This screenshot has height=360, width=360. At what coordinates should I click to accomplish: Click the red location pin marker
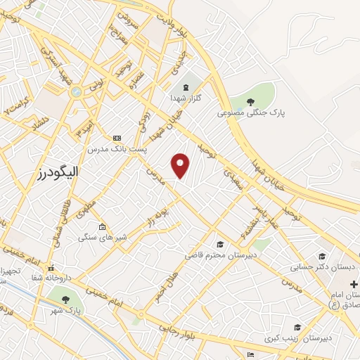pyautogui.click(x=181, y=165)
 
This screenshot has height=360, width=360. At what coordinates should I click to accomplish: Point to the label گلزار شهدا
pyautogui.click(x=185, y=98)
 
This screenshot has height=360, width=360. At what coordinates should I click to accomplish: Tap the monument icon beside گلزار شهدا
pyautogui.click(x=185, y=87)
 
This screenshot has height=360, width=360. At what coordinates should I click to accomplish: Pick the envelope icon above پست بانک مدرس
pyautogui.click(x=117, y=138)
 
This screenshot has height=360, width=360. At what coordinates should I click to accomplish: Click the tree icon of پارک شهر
pyautogui.click(x=65, y=300)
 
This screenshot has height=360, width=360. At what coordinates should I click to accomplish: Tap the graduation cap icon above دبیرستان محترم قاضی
pyautogui.click(x=220, y=244)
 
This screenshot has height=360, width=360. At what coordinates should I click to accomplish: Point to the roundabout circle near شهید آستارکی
pyautogui.click(x=75, y=91)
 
